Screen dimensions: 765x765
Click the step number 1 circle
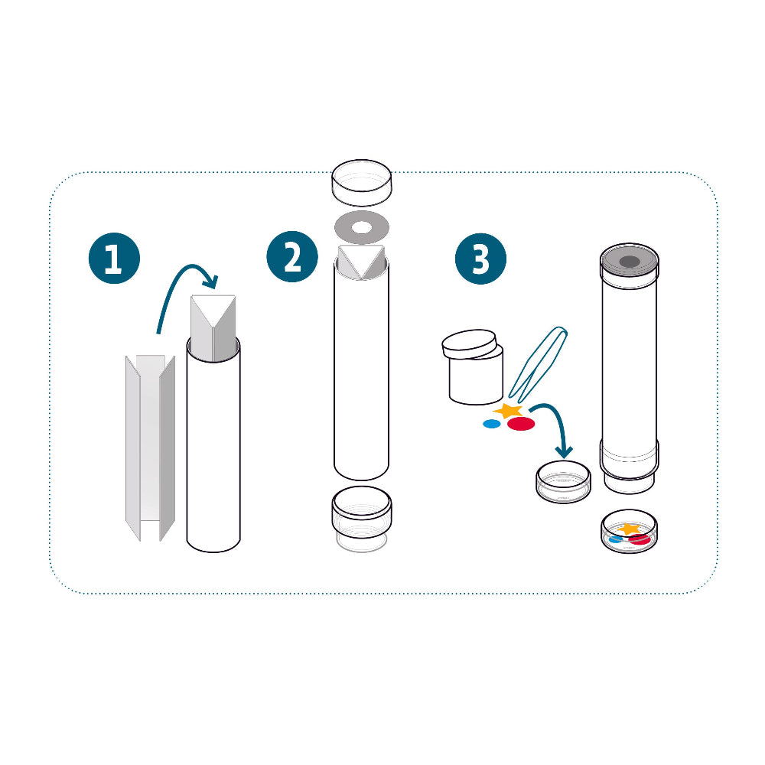pyautogui.click(x=114, y=258)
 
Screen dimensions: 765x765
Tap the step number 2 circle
pyautogui.click(x=292, y=256)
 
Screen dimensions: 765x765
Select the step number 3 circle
pyautogui.click(x=480, y=259)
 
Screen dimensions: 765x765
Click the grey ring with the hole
pyautogui.click(x=362, y=217)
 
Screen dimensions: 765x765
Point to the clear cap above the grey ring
pyautogui.click(x=362, y=183)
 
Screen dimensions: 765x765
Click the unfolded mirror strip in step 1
pyautogui.click(x=150, y=448)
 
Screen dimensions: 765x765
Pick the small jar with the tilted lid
pyautogui.click(x=473, y=367)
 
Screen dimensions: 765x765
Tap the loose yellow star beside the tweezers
pyautogui.click(x=509, y=411)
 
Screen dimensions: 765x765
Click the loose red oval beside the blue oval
pyautogui.click(x=521, y=424)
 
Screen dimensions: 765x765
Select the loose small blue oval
pyautogui.click(x=492, y=424)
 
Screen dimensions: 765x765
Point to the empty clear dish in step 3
pyautogui.click(x=564, y=481)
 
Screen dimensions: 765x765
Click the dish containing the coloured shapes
pyautogui.click(x=629, y=532)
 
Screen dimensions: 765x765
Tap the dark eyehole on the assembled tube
pyautogui.click(x=630, y=262)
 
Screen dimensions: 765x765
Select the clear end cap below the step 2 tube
pyautogui.click(x=362, y=518)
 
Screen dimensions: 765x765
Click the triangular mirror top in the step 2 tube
pyautogui.click(x=362, y=262)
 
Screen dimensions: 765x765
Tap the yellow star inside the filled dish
pyautogui.click(x=628, y=529)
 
